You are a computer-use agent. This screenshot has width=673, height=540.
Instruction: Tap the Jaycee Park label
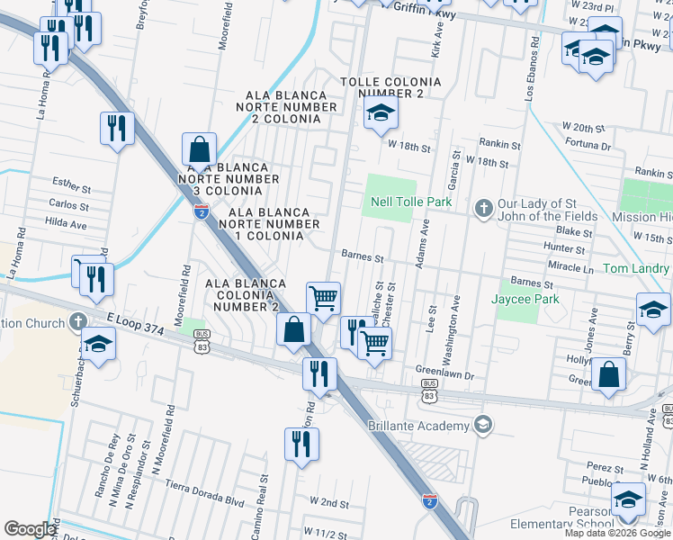(x=526, y=300)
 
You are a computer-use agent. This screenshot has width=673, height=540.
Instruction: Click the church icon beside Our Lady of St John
(x=483, y=209)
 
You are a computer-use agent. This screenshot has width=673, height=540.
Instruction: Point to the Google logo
(x=29, y=529)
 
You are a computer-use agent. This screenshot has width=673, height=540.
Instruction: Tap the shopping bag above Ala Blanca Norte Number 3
(x=199, y=149)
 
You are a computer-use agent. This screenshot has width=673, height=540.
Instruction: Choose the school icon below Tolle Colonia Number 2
(x=381, y=113)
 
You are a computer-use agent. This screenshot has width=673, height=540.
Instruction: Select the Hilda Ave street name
(x=65, y=220)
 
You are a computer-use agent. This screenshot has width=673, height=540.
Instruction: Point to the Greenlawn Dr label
(x=444, y=369)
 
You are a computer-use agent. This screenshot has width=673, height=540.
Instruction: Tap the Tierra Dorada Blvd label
(x=206, y=488)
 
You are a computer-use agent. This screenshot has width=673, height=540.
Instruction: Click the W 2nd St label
(x=328, y=500)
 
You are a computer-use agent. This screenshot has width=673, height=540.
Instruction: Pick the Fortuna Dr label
(x=588, y=146)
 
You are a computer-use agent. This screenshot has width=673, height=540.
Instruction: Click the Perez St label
(x=605, y=468)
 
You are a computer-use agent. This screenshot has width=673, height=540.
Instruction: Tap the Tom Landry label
(x=636, y=269)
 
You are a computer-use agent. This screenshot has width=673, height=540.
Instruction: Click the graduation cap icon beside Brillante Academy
(x=483, y=424)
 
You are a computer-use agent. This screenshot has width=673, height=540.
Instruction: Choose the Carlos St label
(x=69, y=205)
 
